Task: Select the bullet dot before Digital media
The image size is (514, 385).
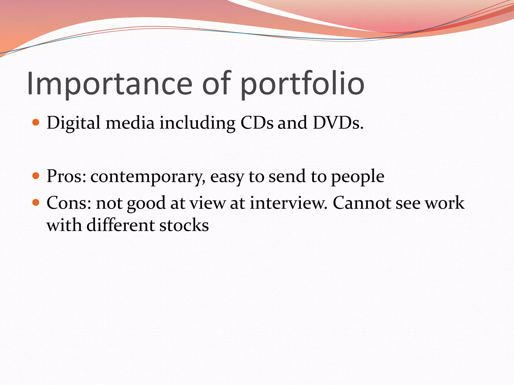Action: (x=36, y=122)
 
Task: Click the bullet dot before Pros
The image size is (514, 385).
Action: (x=36, y=176)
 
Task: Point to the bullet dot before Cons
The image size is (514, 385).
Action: (x=36, y=202)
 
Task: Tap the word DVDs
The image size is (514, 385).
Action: (x=338, y=123)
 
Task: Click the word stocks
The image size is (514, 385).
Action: (x=184, y=225)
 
